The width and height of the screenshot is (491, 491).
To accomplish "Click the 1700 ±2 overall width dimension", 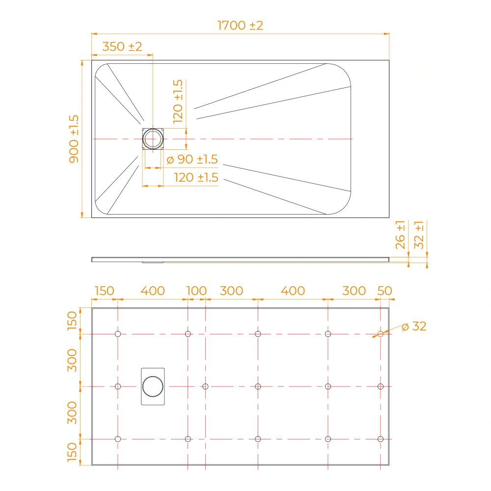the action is click(240, 26).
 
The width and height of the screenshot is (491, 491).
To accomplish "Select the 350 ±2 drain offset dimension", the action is click(122, 47).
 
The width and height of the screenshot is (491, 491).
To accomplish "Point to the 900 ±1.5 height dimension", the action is click(74, 139).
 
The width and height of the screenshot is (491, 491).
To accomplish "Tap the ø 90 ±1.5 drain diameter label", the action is click(192, 160).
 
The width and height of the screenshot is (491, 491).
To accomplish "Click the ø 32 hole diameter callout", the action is click(414, 327).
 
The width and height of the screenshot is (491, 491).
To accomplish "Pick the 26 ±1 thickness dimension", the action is click(400, 235).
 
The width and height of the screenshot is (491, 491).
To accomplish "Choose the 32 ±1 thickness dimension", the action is click(419, 235).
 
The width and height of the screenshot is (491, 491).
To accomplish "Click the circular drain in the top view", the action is click(153, 139).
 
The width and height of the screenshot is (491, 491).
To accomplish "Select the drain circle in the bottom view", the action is click(153, 386).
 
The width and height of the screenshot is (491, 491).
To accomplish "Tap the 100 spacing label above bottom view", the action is click(196, 291).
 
